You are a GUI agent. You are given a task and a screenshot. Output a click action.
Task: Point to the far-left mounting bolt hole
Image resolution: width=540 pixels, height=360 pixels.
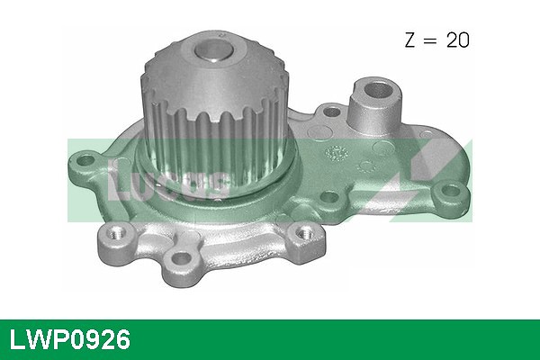[87, 163]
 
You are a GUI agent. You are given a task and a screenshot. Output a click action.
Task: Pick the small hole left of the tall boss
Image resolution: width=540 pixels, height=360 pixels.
[330, 113]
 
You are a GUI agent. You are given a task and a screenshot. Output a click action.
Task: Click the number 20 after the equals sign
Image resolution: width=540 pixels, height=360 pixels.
[456, 40]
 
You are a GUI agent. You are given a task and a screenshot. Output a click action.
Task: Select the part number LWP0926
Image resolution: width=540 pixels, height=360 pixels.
[70, 339]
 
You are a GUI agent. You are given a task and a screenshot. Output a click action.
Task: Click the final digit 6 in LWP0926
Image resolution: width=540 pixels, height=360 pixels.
[122, 339]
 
